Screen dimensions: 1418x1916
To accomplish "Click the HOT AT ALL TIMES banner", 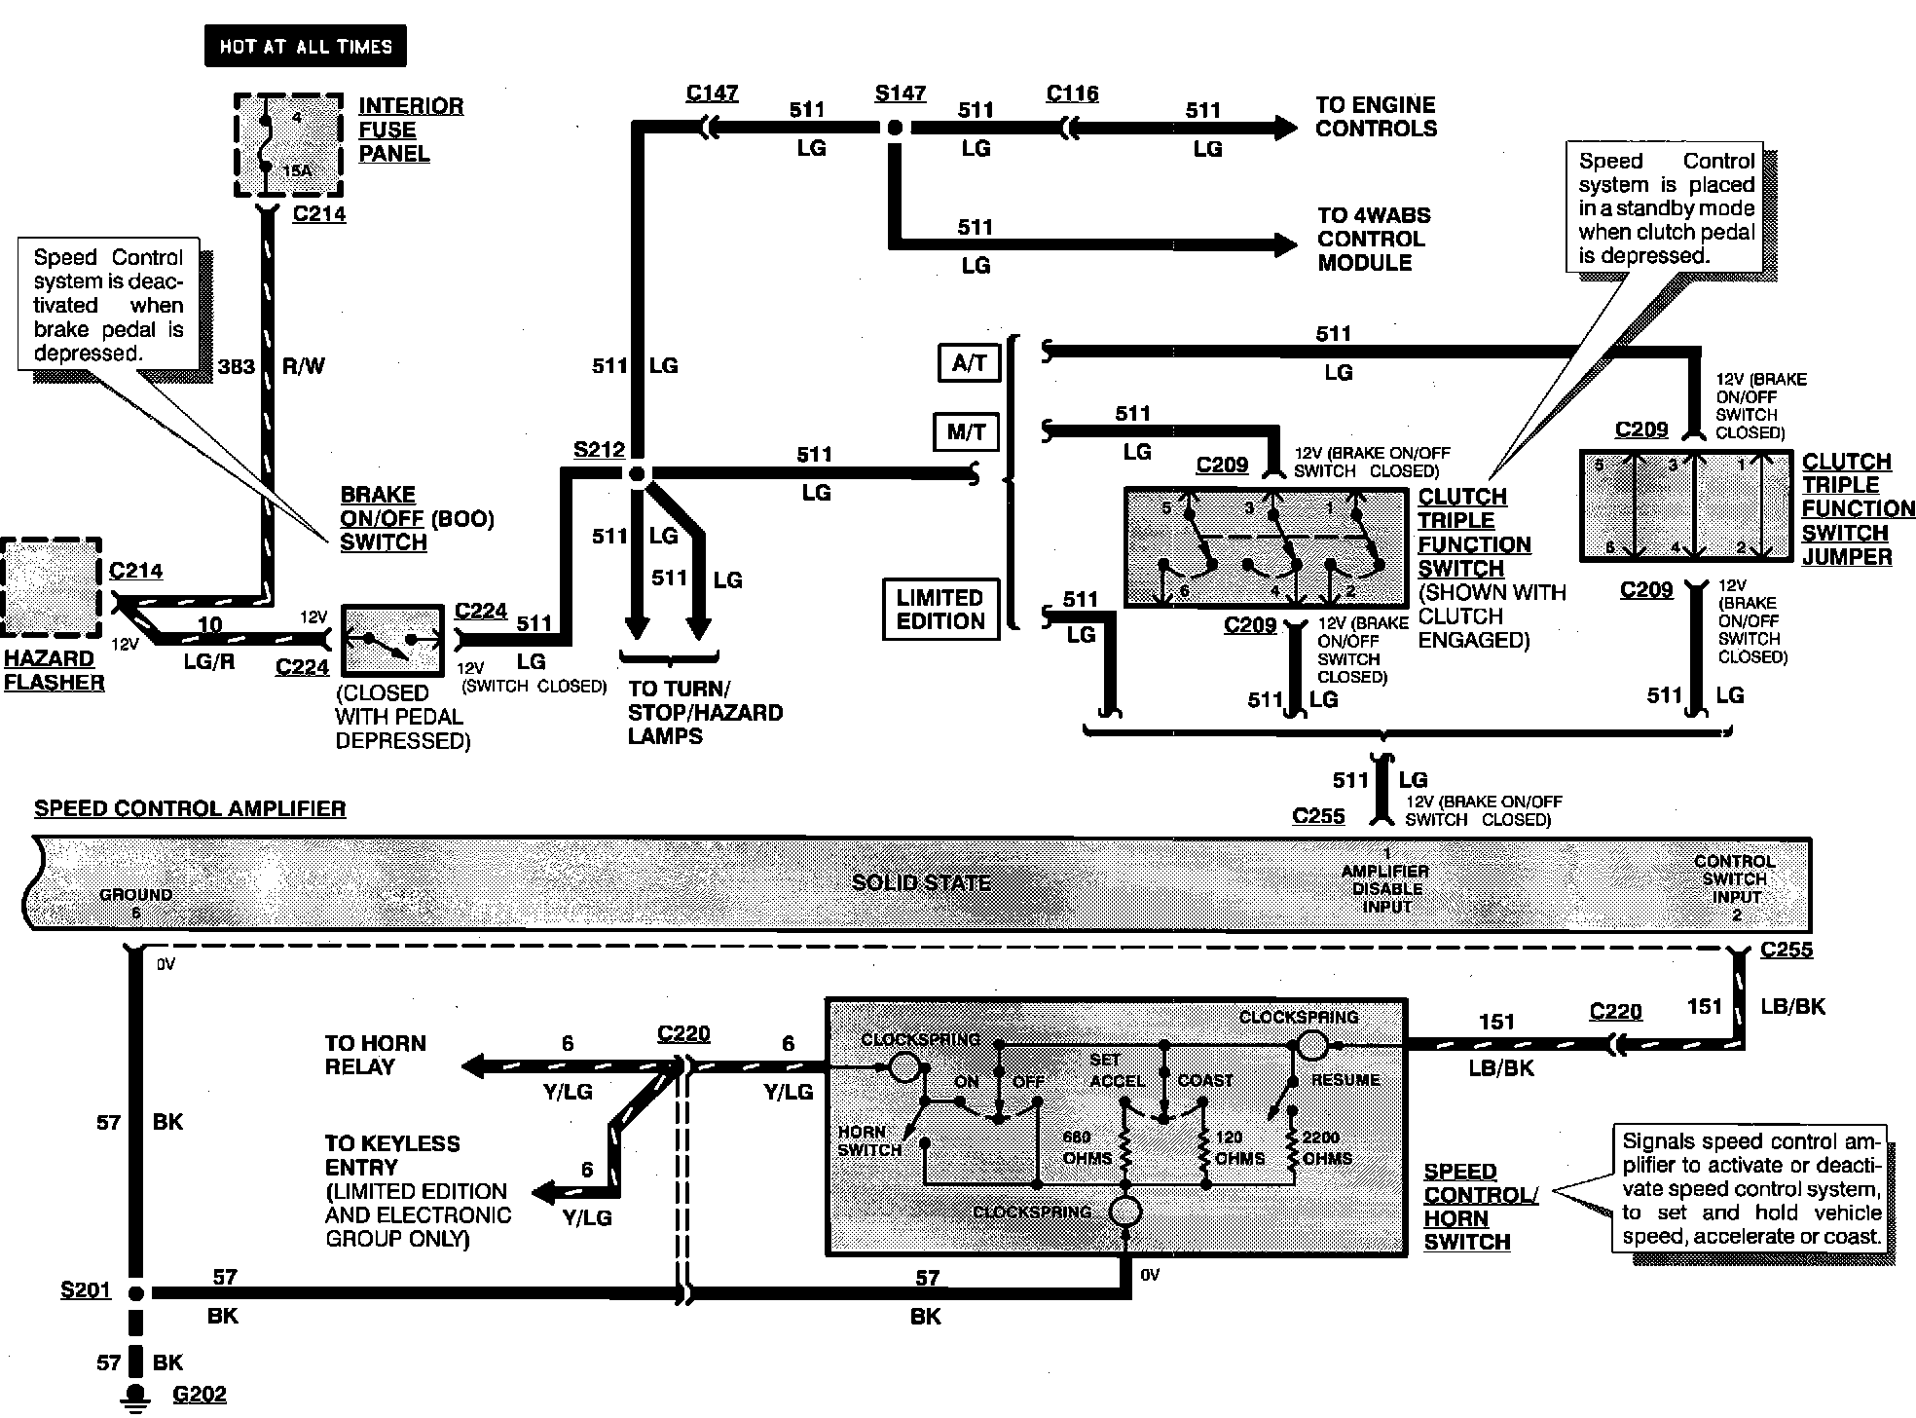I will click(x=305, y=46).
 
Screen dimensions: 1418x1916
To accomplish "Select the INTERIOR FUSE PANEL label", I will click(x=410, y=130).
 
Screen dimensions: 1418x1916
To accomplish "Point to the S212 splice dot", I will click(x=637, y=474).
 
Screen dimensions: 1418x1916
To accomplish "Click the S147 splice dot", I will click(x=895, y=128).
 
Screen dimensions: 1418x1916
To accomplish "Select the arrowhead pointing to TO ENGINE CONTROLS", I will click(x=1284, y=128).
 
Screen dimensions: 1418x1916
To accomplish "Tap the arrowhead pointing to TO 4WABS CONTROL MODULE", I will click(x=1284, y=244).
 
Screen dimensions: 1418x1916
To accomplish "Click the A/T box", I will click(x=969, y=363).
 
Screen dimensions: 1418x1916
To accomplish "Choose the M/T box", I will click(x=966, y=432).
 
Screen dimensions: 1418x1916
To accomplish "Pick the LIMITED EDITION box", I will click(x=940, y=610).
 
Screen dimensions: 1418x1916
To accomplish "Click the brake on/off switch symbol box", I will click(x=393, y=640).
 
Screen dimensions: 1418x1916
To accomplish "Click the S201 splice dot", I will click(x=136, y=1293).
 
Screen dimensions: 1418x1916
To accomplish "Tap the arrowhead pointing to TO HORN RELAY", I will click(x=474, y=1066).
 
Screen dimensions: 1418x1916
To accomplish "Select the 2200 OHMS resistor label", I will click(x=1325, y=1147).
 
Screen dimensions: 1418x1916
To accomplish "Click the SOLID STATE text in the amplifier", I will click(x=921, y=882).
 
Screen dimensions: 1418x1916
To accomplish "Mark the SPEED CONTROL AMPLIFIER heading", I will click(x=190, y=809).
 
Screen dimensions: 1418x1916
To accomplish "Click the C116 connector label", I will click(x=1072, y=93).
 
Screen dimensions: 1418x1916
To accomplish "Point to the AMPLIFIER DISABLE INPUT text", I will click(x=1385, y=888).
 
